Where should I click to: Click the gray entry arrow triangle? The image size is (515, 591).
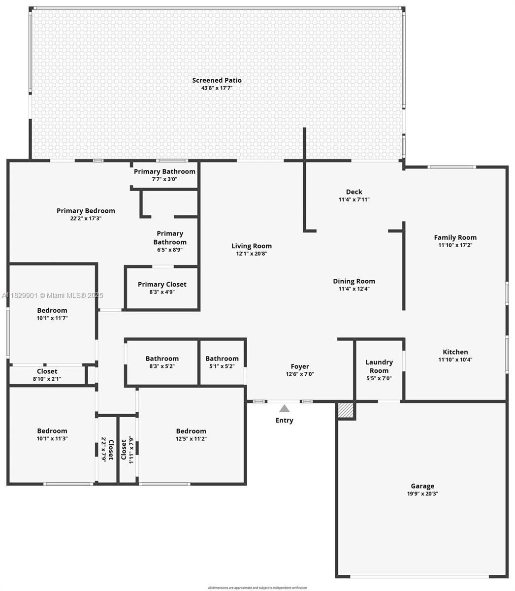[284, 408]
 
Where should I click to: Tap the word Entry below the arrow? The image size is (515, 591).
[284, 420]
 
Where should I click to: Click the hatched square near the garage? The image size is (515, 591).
[346, 411]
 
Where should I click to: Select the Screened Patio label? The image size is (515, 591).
[217, 80]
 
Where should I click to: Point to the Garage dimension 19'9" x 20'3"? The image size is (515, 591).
[422, 493]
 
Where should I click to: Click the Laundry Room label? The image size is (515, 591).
[379, 366]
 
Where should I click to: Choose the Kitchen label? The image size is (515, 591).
[455, 352]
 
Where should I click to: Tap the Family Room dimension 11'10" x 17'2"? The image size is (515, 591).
[455, 245]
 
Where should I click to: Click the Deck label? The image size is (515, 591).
[354, 192]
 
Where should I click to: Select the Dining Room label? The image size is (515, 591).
[354, 281]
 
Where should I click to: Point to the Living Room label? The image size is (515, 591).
[251, 246]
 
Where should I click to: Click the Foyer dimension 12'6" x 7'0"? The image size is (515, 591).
[299, 374]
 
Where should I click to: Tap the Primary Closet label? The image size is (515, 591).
[162, 284]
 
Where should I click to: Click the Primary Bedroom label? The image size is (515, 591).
[86, 210]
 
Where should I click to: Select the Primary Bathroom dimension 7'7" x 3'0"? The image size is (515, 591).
[164, 179]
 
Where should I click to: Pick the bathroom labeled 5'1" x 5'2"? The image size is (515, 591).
[222, 362]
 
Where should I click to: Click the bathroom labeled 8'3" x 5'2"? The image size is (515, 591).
[162, 362]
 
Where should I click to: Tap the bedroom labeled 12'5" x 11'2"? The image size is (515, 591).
[191, 434]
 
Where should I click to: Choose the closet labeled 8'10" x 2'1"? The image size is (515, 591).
[47, 375]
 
